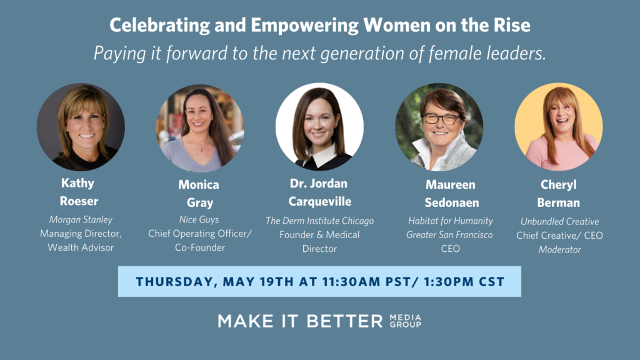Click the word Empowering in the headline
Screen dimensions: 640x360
pos(304,25)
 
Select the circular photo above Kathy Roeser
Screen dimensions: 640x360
pos(81,127)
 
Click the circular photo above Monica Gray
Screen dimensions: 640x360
pos(200,127)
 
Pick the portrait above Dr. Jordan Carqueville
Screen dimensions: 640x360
pos(319,126)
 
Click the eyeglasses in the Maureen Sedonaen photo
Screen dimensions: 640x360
pos(441,119)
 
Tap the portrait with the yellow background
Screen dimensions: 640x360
pos(558,126)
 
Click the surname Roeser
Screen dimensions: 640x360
pos(79,201)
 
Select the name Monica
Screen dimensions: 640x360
pos(199,184)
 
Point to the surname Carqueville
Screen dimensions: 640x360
pos(320,202)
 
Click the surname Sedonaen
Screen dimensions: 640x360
pos(452,202)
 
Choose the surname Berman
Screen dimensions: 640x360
pos(558,202)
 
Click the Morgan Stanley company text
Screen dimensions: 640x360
pos(81,219)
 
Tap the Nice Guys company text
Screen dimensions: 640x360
pos(199,219)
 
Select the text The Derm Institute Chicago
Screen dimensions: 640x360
pos(319,221)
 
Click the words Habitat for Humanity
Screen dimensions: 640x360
pos(451,221)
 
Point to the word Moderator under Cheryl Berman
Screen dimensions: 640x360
pos(559,249)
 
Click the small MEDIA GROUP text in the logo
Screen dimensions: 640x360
pos(405,321)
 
